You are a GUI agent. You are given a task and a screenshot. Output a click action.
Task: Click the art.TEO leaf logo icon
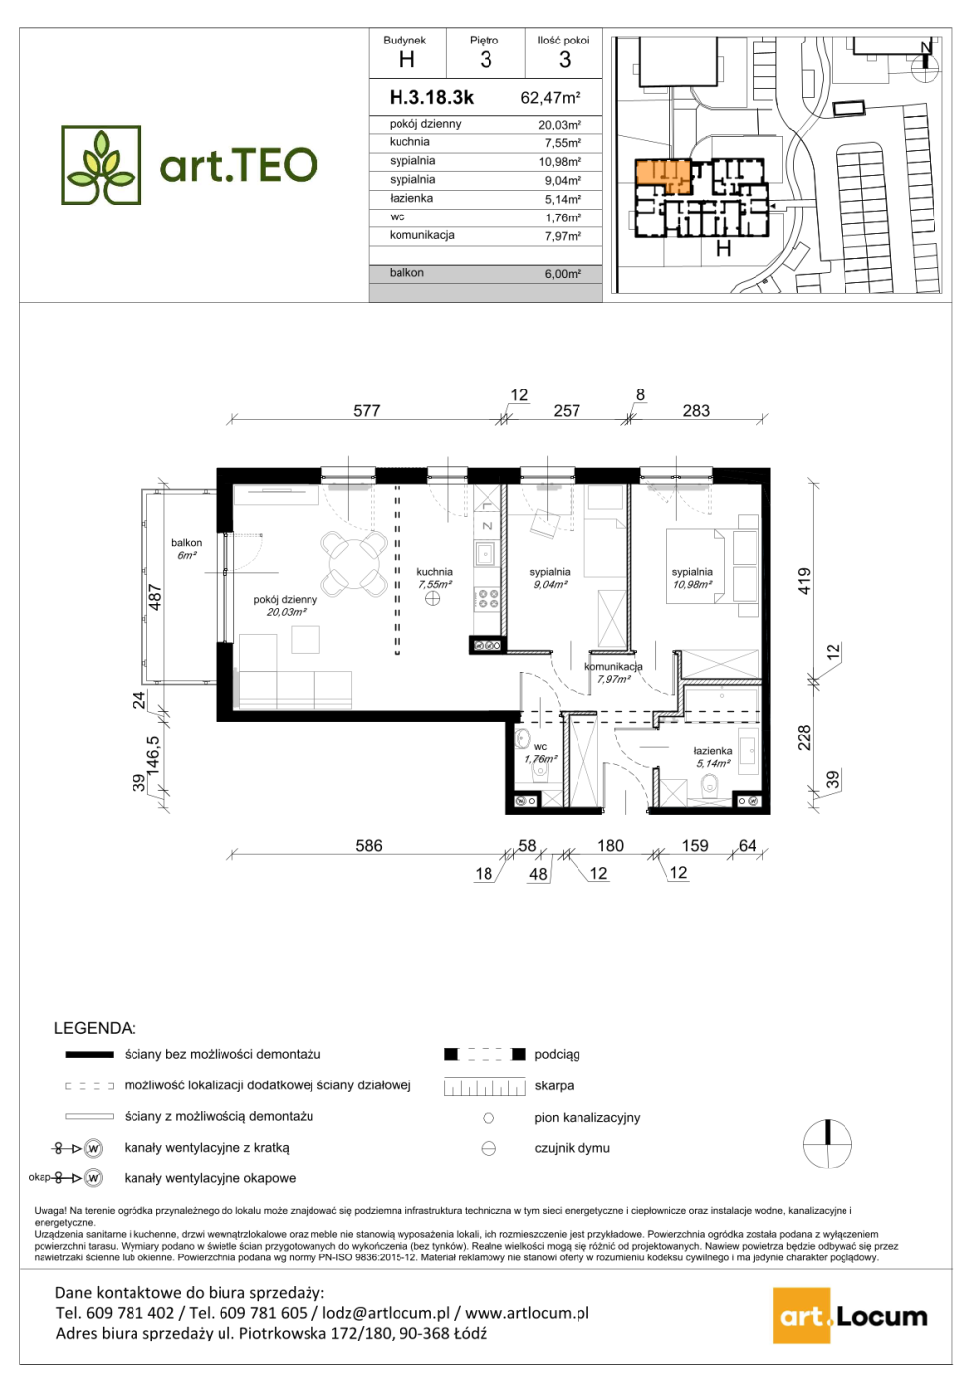(x=101, y=165)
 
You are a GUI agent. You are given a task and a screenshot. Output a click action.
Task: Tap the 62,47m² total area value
(x=551, y=98)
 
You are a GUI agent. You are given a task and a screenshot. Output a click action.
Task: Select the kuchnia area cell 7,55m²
(x=563, y=143)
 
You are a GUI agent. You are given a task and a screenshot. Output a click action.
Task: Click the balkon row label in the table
(x=406, y=273)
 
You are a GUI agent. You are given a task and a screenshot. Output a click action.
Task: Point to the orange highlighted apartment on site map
(x=662, y=175)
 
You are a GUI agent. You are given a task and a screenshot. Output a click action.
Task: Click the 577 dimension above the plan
(x=367, y=411)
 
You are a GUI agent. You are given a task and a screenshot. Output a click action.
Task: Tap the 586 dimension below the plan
(x=368, y=846)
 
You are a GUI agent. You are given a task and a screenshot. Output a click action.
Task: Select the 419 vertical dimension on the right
(x=803, y=581)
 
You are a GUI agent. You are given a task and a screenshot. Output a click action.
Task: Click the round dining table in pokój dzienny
(x=354, y=564)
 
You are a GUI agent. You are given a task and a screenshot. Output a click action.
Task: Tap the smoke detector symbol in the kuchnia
(x=433, y=598)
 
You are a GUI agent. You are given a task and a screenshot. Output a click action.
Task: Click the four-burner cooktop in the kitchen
(x=488, y=599)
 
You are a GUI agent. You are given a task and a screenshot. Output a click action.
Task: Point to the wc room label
(x=541, y=747)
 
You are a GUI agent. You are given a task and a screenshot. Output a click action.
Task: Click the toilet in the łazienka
(x=708, y=788)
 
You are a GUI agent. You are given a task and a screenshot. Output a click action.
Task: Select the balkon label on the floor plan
(x=187, y=543)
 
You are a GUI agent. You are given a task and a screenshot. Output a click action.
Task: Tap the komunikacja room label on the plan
(x=614, y=666)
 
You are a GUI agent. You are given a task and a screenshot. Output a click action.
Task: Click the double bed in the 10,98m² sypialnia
(x=694, y=565)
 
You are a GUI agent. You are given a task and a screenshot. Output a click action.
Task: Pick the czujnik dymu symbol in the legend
(x=489, y=1149)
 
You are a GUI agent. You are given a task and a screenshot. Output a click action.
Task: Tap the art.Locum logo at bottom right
(x=850, y=1316)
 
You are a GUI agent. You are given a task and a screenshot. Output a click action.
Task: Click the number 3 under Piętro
(x=486, y=60)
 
